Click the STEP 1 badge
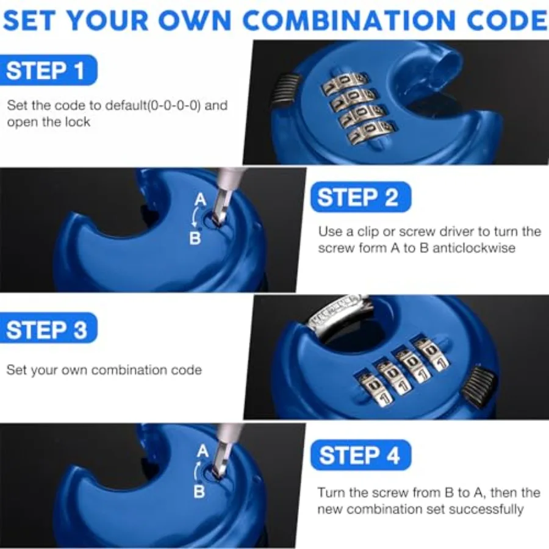(x=48, y=70)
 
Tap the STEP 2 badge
(x=361, y=197)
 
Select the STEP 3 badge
(x=48, y=328)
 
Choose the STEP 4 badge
(x=361, y=455)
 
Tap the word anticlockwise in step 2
(x=474, y=248)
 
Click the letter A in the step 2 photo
(x=200, y=200)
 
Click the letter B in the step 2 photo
(x=195, y=239)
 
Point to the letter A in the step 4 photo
(x=203, y=451)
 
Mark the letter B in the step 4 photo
(x=199, y=491)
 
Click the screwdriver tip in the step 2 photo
(x=217, y=221)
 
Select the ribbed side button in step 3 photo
(x=478, y=386)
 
